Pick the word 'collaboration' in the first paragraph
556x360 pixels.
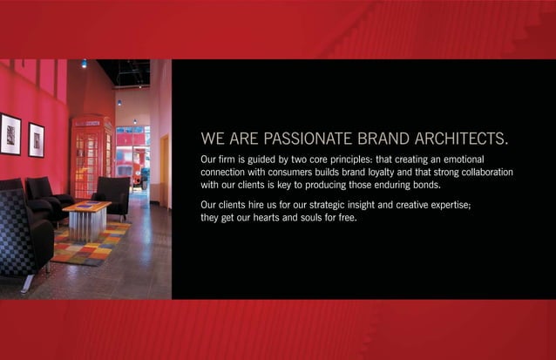pos(482,173)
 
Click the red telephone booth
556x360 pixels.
pos(91,157)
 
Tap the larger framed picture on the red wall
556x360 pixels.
pos(10,133)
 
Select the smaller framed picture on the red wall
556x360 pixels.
pos(36,139)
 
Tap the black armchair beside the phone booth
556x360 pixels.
pos(114,194)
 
